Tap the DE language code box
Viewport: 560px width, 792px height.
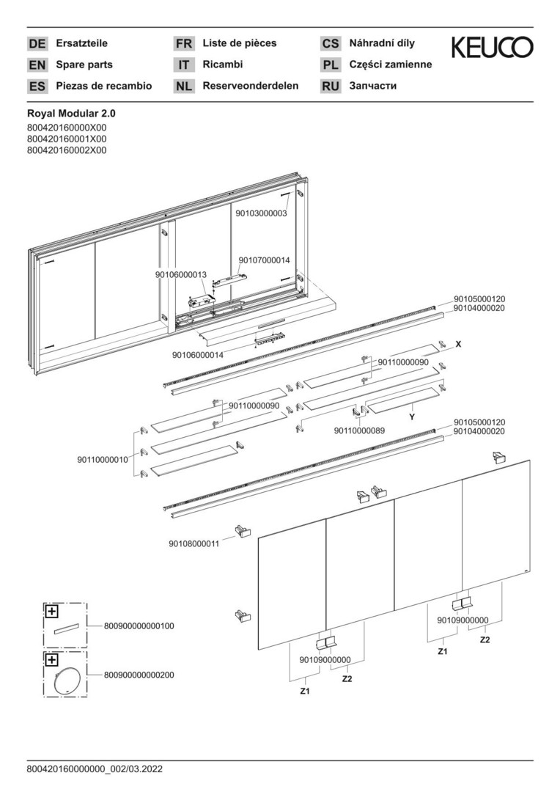[37, 44]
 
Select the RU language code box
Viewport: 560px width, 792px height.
[331, 87]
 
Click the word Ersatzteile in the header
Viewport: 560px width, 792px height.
[81, 43]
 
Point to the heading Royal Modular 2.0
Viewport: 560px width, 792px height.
[71, 114]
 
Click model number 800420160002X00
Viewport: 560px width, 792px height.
[67, 150]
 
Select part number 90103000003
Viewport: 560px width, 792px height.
[261, 213]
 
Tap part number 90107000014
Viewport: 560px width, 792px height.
[264, 260]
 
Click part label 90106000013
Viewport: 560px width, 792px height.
[181, 274]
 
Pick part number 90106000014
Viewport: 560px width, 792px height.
[198, 355]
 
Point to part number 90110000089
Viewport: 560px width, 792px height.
[359, 430]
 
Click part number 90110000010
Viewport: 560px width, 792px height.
[103, 460]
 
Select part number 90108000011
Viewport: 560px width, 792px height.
[194, 543]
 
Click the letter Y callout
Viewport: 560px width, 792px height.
[412, 417]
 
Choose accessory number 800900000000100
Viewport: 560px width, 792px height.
[139, 626]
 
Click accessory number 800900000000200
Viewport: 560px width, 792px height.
[139, 675]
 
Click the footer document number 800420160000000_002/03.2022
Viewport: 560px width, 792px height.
[95, 769]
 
